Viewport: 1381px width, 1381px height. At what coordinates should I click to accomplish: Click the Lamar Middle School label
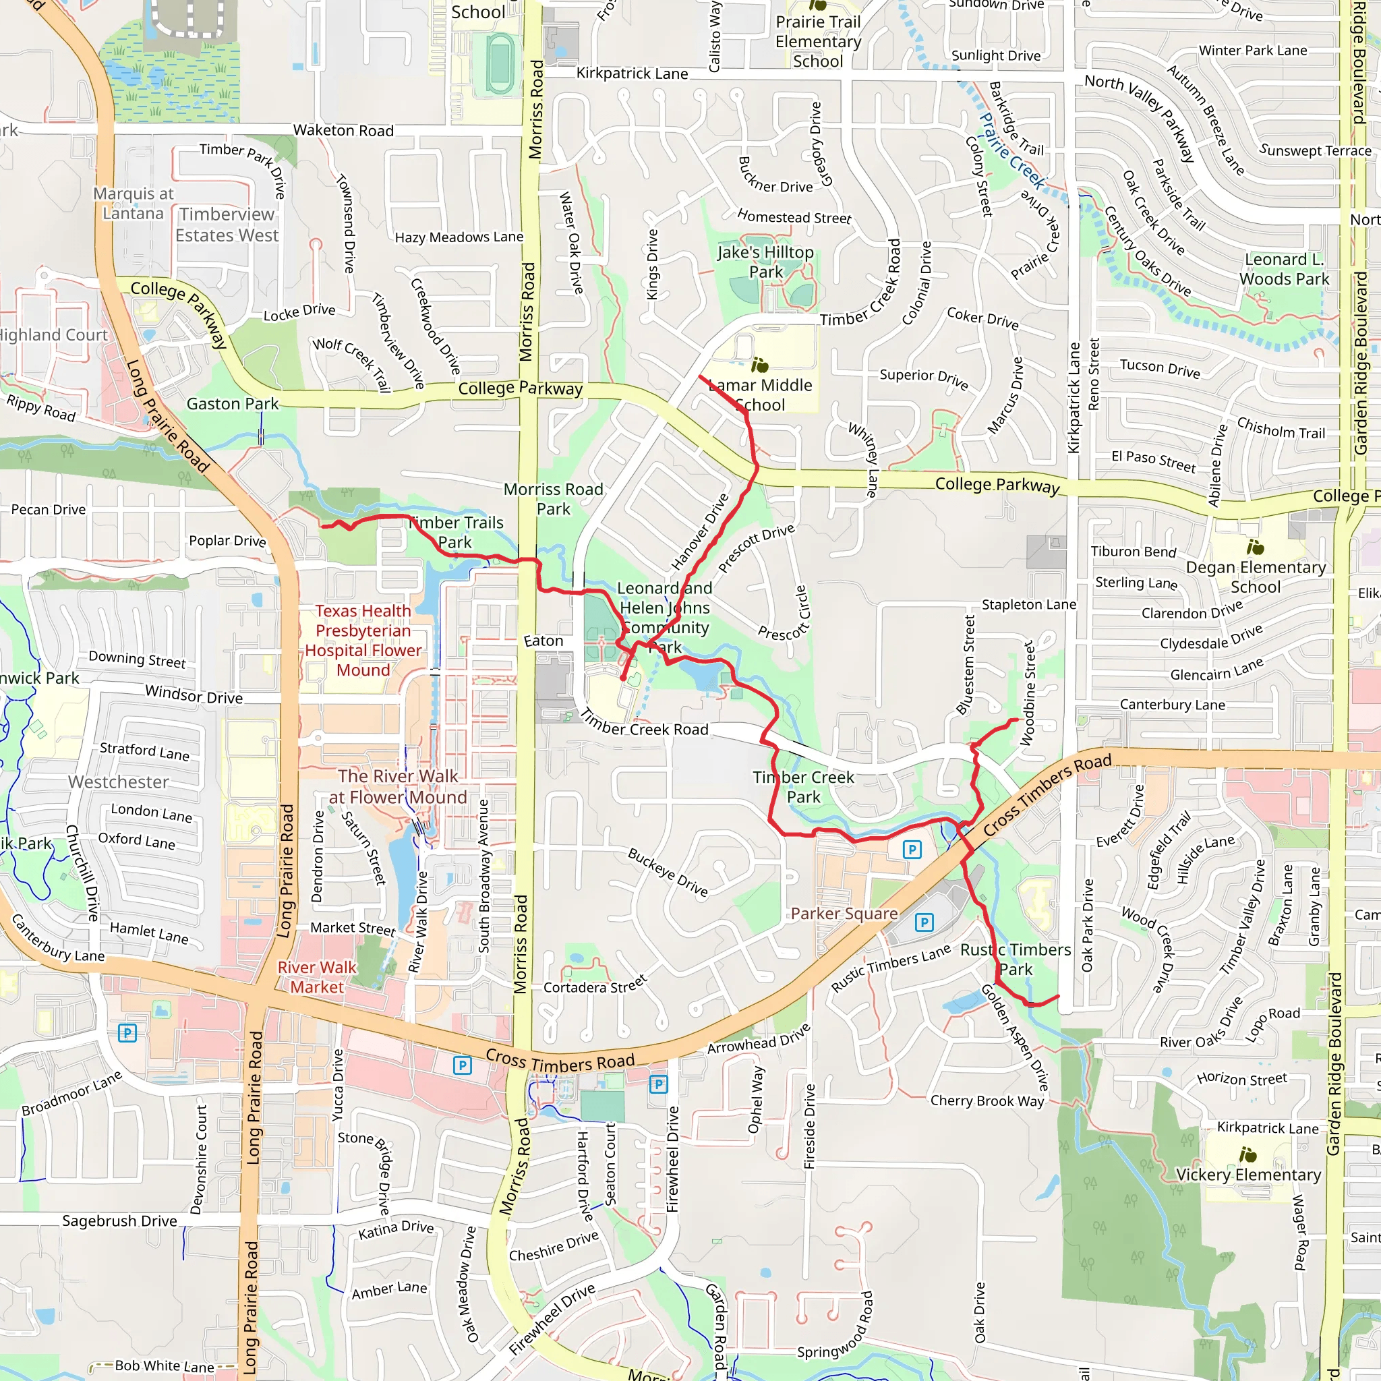[x=761, y=394]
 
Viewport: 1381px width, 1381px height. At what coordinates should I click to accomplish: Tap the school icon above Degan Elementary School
[x=1254, y=548]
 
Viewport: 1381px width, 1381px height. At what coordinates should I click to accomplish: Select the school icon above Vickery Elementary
[x=1247, y=1154]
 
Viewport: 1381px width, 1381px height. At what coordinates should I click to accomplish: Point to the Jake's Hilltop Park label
[x=765, y=262]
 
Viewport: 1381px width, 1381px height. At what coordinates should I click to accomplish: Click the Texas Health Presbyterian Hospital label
[x=363, y=640]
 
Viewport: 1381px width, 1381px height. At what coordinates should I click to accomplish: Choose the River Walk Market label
[x=317, y=976]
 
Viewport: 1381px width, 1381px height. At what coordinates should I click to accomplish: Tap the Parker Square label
[x=844, y=914]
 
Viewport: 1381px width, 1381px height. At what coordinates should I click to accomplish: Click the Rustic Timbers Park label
[x=1015, y=960]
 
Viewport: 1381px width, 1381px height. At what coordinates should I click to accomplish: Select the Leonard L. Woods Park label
[x=1284, y=269]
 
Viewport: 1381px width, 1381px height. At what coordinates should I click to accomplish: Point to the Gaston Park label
[x=233, y=404]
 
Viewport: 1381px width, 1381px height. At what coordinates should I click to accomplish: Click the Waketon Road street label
[x=343, y=130]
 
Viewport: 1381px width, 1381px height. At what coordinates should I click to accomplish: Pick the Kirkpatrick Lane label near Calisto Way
[x=632, y=73]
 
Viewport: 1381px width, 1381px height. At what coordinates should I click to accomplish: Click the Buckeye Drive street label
[x=668, y=872]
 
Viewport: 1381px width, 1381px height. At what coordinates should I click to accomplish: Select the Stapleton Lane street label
[x=1028, y=605]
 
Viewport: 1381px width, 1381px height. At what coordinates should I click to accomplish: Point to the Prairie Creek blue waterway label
[x=1011, y=151]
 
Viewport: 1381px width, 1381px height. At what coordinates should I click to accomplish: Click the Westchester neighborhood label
[x=119, y=782]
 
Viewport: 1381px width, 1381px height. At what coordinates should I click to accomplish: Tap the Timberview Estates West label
[x=227, y=225]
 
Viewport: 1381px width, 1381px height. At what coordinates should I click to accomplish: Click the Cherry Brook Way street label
[x=987, y=1100]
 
